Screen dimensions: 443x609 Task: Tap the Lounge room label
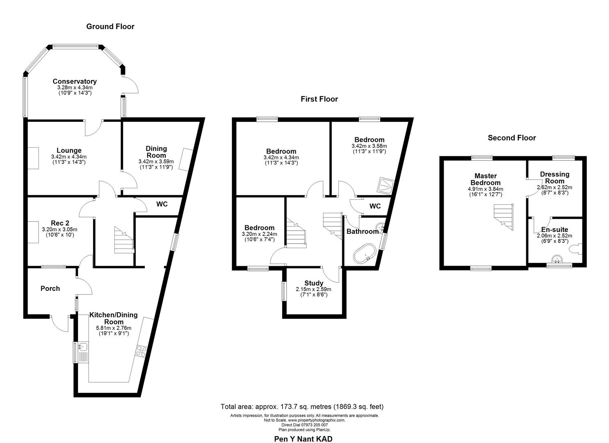tap(69, 151)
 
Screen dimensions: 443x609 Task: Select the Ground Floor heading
tap(110, 27)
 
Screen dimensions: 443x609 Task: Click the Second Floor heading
tap(511, 138)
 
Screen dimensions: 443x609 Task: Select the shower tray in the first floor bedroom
tap(385, 185)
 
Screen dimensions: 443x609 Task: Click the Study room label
tap(314, 283)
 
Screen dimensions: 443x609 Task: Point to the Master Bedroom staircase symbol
tap(503, 215)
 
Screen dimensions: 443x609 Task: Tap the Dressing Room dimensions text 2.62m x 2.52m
tap(554, 187)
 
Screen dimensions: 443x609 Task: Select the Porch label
tap(50, 288)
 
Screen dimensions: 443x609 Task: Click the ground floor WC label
tap(162, 204)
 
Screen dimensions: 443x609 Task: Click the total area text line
tap(302, 407)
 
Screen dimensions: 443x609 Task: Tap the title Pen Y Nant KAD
tap(303, 439)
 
